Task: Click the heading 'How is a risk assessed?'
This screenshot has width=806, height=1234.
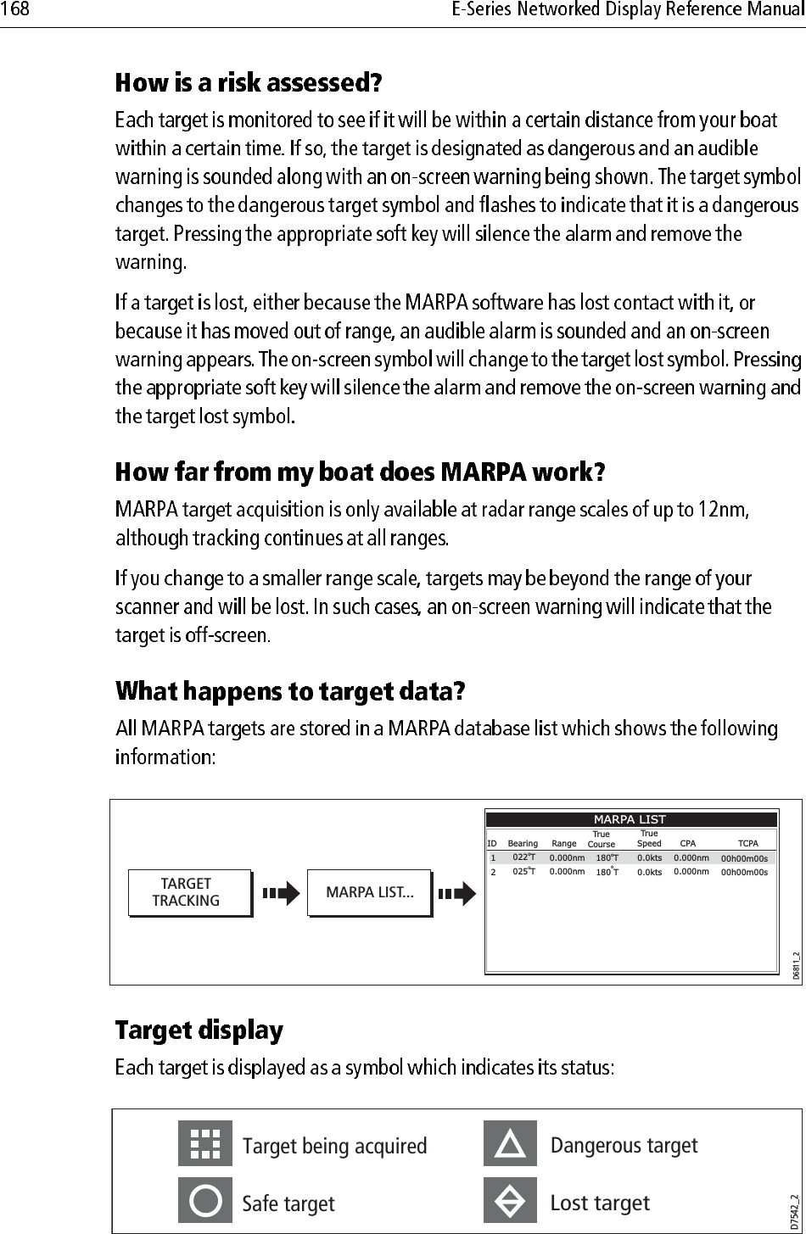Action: point(249,83)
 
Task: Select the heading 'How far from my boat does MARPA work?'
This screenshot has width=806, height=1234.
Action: point(361,471)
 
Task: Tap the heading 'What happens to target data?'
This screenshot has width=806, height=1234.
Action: point(290,692)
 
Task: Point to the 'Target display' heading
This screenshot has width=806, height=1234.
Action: point(199,1030)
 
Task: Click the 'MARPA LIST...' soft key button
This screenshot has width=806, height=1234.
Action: point(369,893)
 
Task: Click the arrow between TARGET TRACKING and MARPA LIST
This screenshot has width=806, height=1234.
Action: point(281,893)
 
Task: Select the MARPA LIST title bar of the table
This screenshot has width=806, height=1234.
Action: point(630,819)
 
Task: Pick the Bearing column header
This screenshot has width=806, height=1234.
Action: point(523,844)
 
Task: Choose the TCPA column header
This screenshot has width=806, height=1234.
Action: point(747,844)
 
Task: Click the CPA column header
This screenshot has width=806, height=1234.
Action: point(688,844)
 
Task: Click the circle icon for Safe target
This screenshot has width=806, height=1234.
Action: point(204,1202)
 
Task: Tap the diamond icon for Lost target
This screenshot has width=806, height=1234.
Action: point(510,1202)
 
